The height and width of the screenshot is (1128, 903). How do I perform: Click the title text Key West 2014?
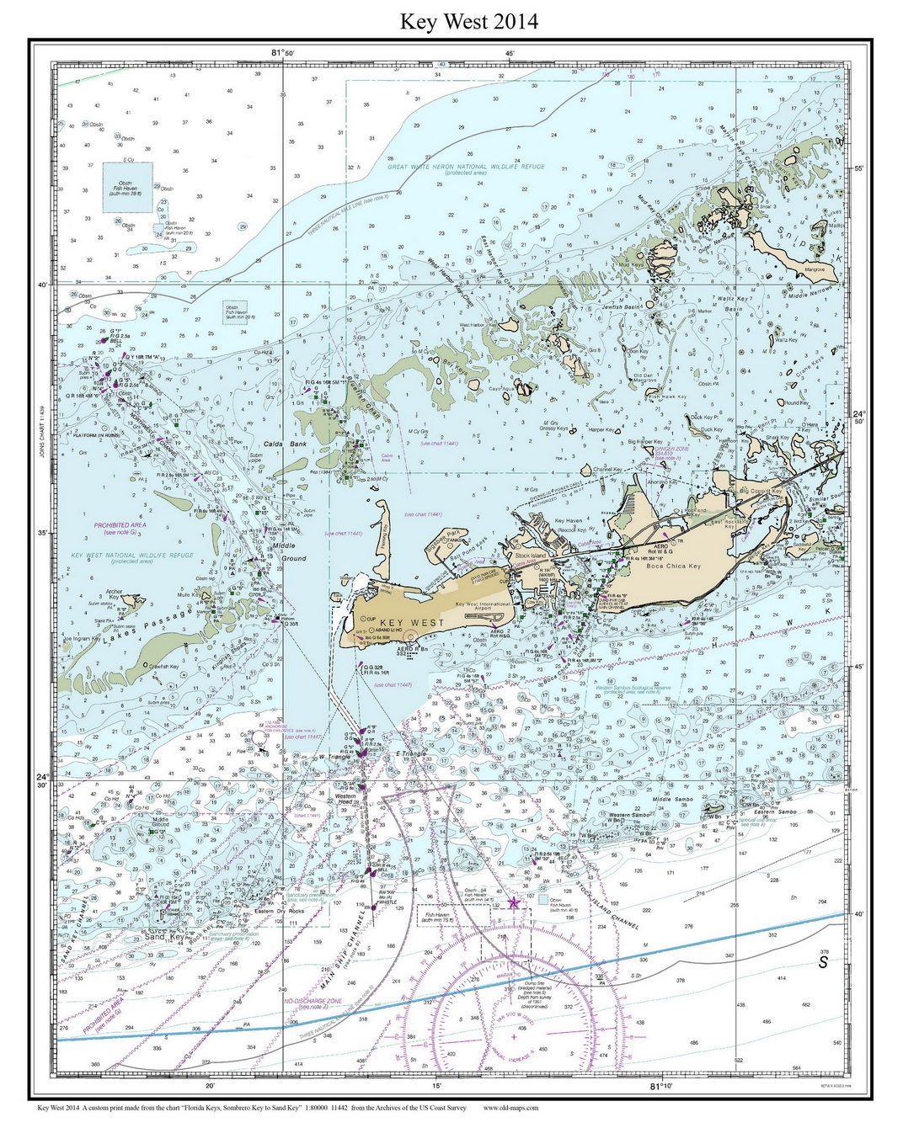click(468, 20)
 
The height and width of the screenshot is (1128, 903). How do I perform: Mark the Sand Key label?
click(164, 935)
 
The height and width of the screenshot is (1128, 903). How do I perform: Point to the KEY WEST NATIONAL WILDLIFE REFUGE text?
click(132, 556)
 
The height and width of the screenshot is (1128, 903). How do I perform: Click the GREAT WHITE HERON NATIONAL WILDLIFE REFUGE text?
click(466, 167)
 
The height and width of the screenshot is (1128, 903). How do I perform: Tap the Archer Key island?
click(132, 601)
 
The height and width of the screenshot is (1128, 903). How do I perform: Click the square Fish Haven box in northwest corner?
click(127, 187)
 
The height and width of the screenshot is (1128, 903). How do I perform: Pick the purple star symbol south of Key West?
click(514, 902)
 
